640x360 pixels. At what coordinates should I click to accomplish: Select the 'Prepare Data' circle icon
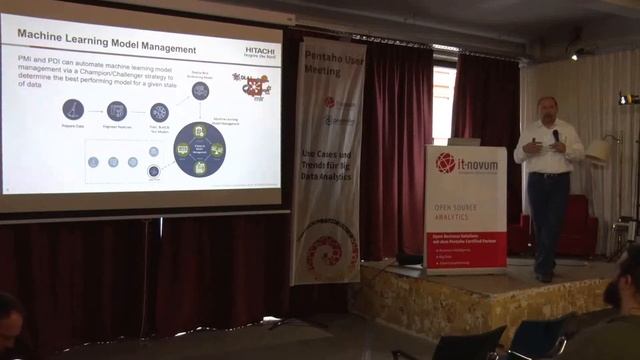(x=73, y=109)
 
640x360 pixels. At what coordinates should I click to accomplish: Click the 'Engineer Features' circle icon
(x=117, y=110)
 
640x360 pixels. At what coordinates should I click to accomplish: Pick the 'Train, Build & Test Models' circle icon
(x=159, y=112)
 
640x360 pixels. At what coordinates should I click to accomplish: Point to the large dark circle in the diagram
(x=199, y=149)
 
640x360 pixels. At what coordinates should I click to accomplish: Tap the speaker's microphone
(x=555, y=135)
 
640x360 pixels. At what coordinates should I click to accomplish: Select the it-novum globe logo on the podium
(x=445, y=162)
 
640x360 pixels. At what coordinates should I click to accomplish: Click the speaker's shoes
(x=544, y=276)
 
